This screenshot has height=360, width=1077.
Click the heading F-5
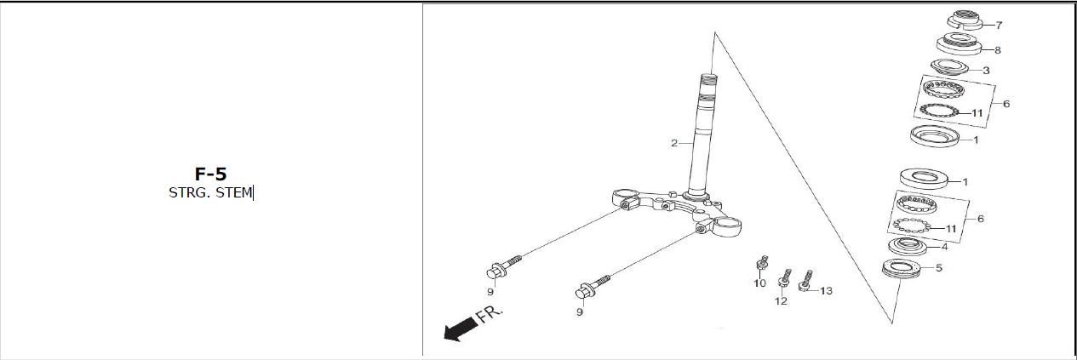210,174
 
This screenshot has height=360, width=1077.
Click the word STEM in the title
233,192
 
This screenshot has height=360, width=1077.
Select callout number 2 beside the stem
674,143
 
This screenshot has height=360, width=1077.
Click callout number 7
1000,25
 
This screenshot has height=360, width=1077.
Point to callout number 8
998,50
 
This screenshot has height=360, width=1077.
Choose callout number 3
986,71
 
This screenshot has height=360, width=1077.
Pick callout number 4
945,247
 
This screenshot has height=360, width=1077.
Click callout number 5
939,268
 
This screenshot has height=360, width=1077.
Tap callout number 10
759,283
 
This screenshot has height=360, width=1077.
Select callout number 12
781,301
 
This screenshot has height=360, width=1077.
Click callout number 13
826,291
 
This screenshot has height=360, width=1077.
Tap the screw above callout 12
784,277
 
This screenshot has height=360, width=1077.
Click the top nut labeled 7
964,20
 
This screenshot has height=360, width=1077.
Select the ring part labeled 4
908,246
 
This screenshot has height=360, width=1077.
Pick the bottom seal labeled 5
901,268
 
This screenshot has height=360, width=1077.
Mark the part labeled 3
949,67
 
